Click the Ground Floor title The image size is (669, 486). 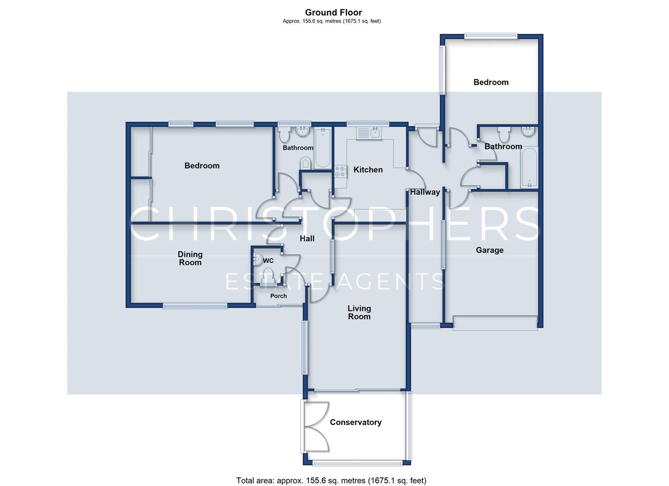coord(333,13)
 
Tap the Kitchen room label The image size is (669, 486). coord(368,170)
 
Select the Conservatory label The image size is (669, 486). coord(356,422)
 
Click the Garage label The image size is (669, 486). coord(490,250)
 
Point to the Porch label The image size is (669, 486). coord(278,296)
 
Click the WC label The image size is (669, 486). coord(268,261)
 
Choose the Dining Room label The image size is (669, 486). coord(190,258)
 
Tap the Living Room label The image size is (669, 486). coord(360,312)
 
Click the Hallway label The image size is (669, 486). coord(425,192)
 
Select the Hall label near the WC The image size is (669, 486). coord(307,238)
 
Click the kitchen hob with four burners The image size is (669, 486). coord(341,171)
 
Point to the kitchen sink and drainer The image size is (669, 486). coord(369,133)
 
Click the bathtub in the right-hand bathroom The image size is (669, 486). coord(529,168)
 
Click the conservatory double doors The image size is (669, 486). coord(317,426)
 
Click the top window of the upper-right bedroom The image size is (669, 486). coord(491,36)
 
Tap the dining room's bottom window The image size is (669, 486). coord(195,306)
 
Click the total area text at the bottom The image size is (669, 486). coord(331,472)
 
